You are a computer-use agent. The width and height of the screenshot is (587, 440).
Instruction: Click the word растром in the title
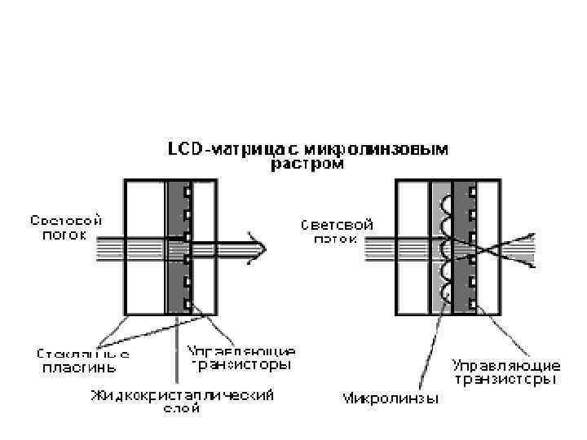click(x=307, y=165)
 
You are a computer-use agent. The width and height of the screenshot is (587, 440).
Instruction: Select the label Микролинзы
click(x=391, y=398)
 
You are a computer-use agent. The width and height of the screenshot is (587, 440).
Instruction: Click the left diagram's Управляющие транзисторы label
click(x=241, y=359)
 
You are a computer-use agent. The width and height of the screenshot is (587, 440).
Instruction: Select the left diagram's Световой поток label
click(x=66, y=226)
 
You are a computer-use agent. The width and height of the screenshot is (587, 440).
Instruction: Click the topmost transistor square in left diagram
click(x=187, y=193)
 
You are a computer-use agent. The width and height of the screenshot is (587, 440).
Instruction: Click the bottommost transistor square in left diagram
click(x=187, y=304)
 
